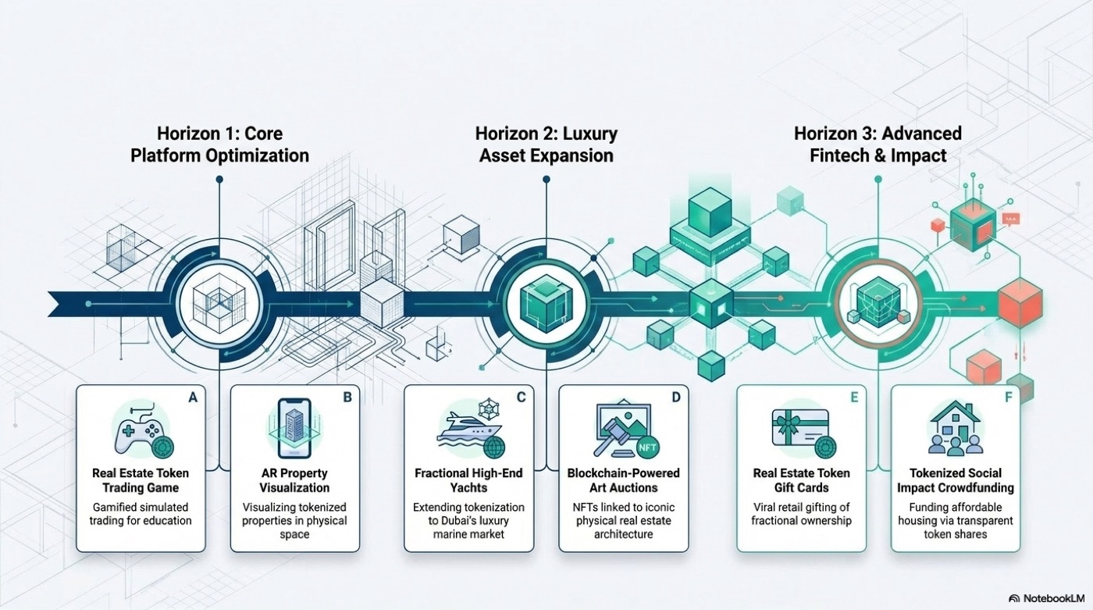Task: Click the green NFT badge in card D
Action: coord(647,447)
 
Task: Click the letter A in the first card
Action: coord(194,398)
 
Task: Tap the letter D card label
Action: coord(676,398)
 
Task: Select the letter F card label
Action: coord(1008,398)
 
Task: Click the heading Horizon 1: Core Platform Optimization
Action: coord(219,144)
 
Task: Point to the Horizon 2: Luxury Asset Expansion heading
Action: coord(546,144)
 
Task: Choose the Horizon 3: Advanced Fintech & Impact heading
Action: coord(878,144)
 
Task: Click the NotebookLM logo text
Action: coord(1054,598)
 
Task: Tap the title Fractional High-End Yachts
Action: coord(468,480)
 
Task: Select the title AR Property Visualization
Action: coord(294,480)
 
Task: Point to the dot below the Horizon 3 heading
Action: coord(878,180)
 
